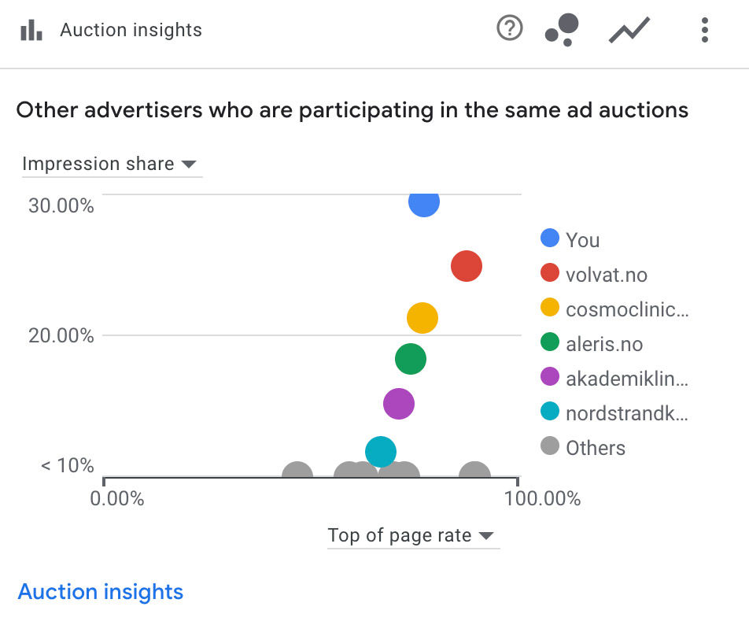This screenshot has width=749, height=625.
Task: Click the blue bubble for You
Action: [423, 202]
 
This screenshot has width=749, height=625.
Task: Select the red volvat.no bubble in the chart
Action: [467, 267]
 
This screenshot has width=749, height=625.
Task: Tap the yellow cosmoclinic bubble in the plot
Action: [422, 318]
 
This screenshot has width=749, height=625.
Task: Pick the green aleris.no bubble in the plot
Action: [410, 359]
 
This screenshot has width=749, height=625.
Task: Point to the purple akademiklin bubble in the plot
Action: [399, 404]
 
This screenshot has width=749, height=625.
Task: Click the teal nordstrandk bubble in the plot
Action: [381, 451]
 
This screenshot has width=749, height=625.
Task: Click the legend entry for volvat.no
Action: [606, 275]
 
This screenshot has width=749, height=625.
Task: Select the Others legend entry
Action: [595, 448]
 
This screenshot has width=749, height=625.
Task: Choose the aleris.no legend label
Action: [603, 344]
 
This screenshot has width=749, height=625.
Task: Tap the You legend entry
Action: [582, 240]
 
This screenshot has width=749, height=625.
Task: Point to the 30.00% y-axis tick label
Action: [61, 206]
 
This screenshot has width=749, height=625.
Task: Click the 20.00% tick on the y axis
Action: [61, 336]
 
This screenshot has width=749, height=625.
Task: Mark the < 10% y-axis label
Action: [68, 465]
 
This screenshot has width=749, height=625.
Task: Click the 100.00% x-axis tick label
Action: [544, 498]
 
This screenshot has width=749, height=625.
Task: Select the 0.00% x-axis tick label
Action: [117, 498]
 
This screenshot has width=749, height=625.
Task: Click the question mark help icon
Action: [510, 29]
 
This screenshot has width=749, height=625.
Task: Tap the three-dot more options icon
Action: [705, 30]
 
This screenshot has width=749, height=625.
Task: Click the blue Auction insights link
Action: [101, 592]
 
